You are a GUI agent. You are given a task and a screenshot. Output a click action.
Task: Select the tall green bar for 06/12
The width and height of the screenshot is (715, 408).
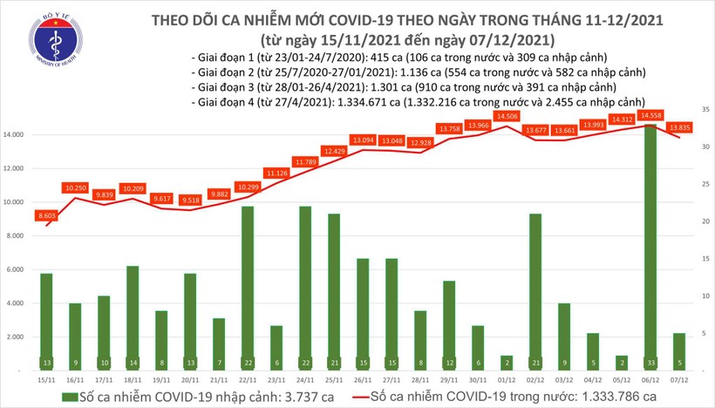pos(650,244)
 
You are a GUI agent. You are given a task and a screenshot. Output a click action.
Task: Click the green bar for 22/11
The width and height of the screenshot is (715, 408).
pos(248,288)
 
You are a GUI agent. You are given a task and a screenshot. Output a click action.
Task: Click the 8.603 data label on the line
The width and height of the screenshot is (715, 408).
pos(46,214)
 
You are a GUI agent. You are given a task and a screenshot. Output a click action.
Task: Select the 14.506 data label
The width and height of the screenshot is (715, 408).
pos(506,115)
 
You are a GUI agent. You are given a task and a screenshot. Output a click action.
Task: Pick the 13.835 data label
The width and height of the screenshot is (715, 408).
pos(679,127)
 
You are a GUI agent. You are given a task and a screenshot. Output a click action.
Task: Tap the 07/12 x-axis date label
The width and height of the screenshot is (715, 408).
pos(678,379)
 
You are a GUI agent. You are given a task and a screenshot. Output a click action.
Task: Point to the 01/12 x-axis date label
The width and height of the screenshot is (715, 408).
pos(506,379)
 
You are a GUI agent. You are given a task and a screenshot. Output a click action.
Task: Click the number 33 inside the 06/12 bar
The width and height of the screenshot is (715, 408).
pos(650,362)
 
